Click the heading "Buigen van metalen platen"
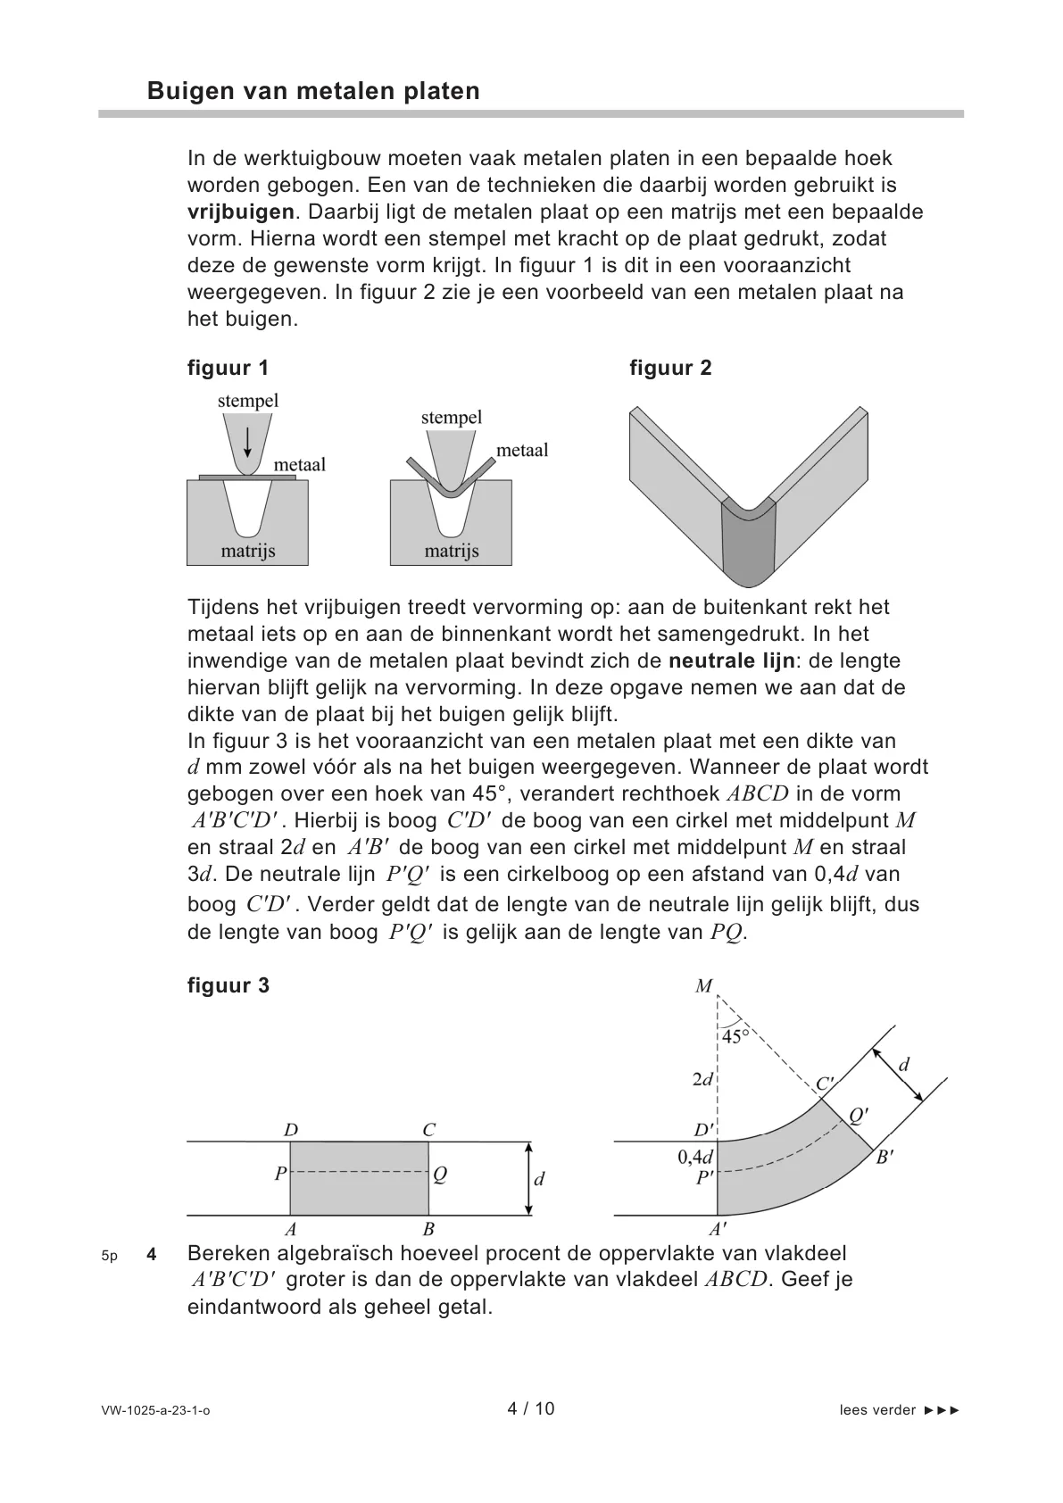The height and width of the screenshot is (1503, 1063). click(313, 91)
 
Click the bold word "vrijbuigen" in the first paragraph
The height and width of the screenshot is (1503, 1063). click(241, 212)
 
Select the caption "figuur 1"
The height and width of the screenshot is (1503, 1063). click(228, 368)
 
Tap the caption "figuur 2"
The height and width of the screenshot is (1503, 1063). click(670, 368)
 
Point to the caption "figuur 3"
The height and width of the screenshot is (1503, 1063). click(228, 985)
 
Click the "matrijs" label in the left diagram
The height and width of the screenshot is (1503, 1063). click(248, 551)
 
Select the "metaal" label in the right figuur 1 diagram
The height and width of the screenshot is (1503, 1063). click(522, 450)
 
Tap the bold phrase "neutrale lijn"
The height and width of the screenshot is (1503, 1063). click(731, 661)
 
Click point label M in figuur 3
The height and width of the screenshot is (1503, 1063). click(704, 986)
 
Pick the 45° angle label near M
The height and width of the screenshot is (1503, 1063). click(736, 1036)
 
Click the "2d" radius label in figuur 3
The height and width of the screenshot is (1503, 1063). click(702, 1079)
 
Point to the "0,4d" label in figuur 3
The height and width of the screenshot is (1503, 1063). click(695, 1158)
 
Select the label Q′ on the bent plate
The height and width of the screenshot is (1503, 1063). click(859, 1115)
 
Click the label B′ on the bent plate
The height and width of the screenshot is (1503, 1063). click(884, 1158)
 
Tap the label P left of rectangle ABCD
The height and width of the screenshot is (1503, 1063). click(280, 1175)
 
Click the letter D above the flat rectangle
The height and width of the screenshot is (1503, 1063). click(291, 1130)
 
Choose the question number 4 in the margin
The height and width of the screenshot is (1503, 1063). click(152, 1255)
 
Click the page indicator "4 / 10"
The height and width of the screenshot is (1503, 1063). click(531, 1409)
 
